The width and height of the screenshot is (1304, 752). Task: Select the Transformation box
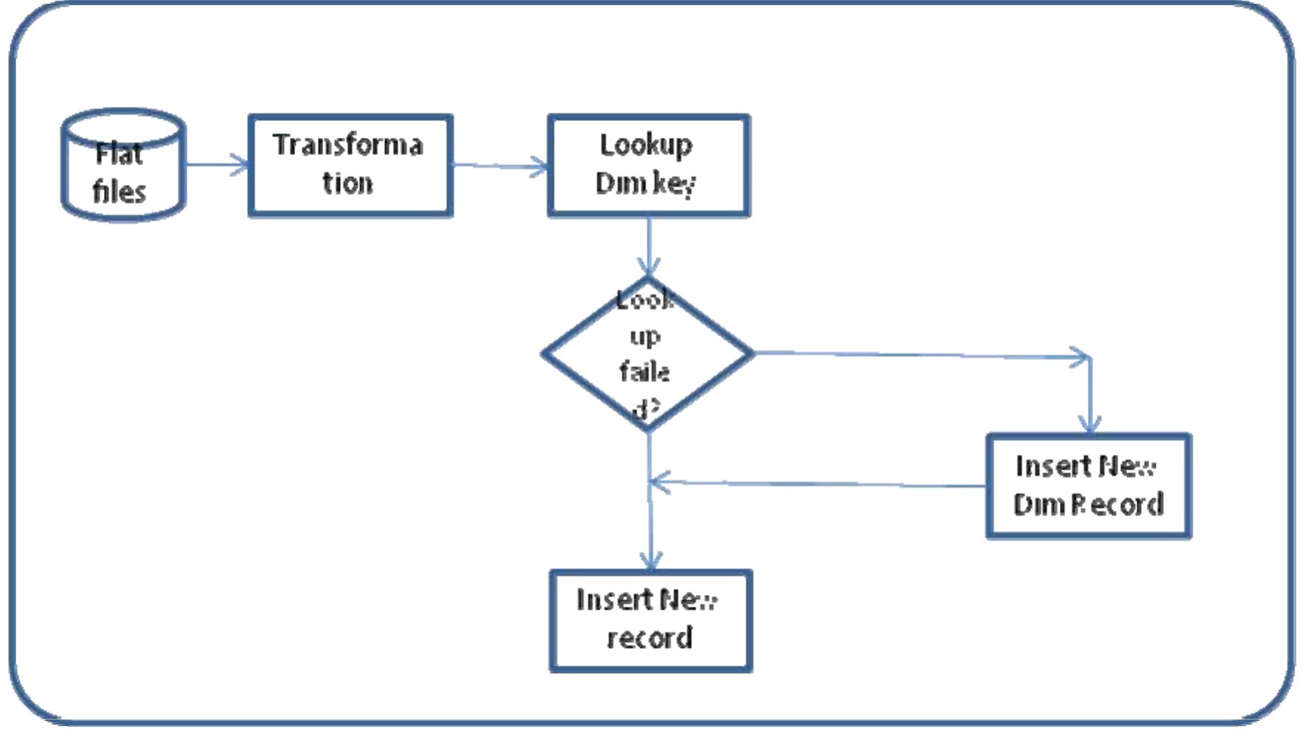tap(351, 165)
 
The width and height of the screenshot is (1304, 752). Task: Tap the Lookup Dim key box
tap(649, 165)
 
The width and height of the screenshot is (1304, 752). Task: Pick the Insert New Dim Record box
tap(1089, 486)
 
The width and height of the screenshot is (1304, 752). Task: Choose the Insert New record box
tap(650, 621)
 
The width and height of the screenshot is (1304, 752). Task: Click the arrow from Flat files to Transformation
tap(218, 165)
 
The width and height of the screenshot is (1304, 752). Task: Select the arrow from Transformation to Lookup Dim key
tap(500, 166)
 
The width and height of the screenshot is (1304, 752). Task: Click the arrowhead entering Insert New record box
tap(650, 560)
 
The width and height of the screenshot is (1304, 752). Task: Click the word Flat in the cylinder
tap(119, 154)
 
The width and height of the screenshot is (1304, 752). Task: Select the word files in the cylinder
tap(119, 192)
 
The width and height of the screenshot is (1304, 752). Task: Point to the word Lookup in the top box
tap(646, 145)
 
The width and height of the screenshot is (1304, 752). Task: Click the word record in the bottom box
tap(649, 638)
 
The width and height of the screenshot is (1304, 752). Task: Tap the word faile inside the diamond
tap(644, 371)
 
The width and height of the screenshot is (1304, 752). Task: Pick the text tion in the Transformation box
tap(347, 183)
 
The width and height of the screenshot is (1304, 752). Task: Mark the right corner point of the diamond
tap(752, 353)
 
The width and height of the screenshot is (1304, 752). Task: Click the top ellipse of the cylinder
tap(123, 124)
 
